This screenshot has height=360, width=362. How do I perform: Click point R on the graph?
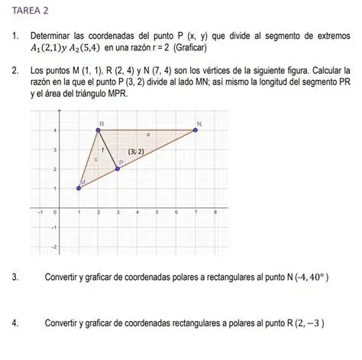tap(98, 130)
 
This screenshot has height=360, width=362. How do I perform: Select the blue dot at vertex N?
tap(196, 130)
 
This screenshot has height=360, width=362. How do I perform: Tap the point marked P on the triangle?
tap(118, 169)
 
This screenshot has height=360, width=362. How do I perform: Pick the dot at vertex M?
tap(79, 188)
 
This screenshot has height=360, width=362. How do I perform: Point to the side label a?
tap(147, 136)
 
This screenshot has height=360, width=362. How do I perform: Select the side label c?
tap(95, 159)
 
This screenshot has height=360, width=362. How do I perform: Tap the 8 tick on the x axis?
tap(216, 214)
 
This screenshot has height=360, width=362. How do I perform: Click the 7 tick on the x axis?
tap(196, 214)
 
